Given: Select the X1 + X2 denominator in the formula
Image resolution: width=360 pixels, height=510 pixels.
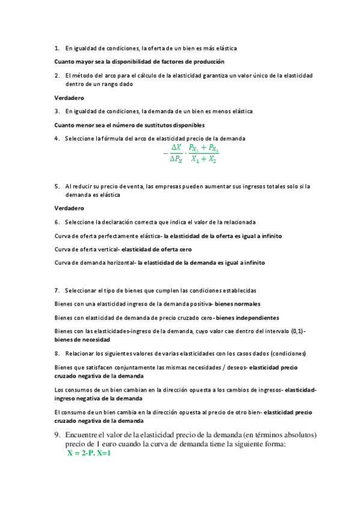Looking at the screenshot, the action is tap(204, 159).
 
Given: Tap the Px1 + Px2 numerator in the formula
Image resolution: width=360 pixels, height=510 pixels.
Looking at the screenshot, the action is tap(204, 147).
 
